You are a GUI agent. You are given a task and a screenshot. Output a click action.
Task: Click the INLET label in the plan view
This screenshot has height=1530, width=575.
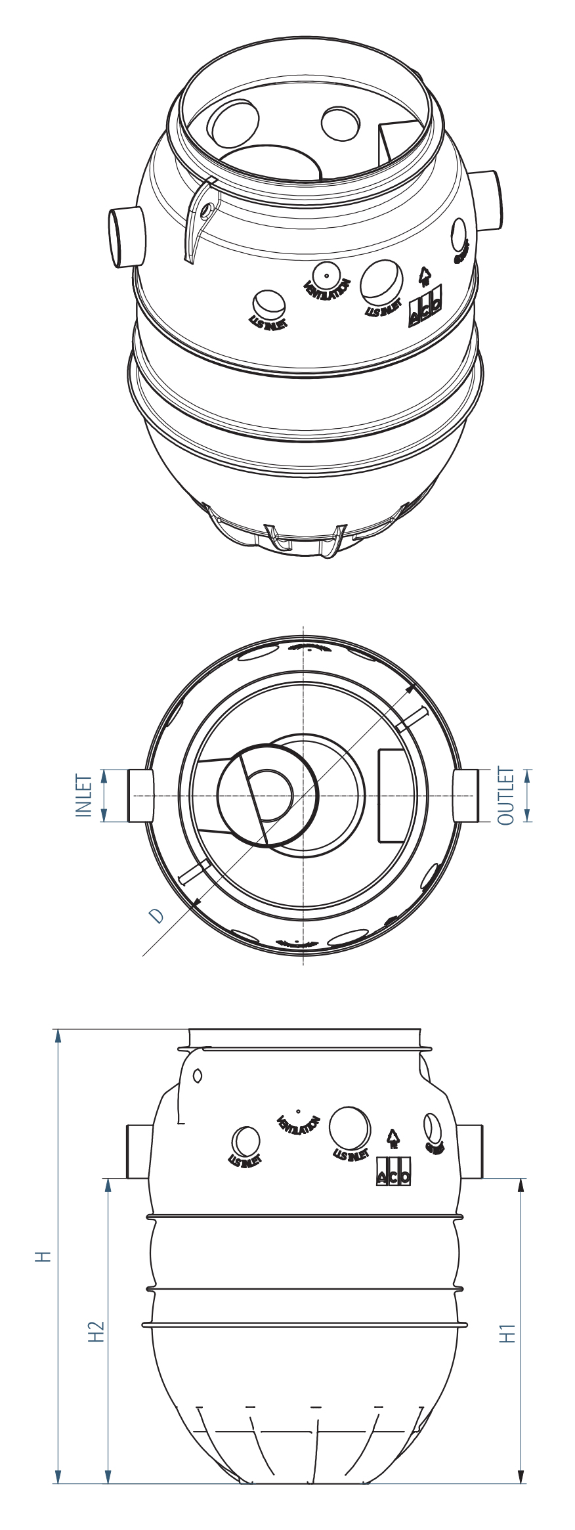tap(84, 795)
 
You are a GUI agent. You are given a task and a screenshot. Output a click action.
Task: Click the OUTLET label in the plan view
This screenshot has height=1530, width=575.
tap(505, 795)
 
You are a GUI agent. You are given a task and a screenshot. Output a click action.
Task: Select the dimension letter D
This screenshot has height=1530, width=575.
tap(156, 915)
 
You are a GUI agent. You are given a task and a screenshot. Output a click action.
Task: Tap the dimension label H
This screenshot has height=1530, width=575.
tap(43, 1256)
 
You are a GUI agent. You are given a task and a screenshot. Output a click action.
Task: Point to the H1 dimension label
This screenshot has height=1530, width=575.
tap(507, 1333)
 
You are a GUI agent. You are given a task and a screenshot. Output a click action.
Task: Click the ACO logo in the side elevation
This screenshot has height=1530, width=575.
tap(393, 1171)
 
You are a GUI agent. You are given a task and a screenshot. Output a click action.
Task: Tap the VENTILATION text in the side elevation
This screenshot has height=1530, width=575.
tap(298, 1126)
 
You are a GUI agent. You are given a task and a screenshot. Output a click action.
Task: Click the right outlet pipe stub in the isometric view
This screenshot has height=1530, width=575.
tap(487, 200)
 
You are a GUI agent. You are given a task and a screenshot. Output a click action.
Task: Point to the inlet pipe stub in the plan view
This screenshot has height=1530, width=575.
tap(140, 795)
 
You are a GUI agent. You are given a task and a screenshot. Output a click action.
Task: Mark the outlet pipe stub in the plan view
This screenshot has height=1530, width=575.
tap(466, 795)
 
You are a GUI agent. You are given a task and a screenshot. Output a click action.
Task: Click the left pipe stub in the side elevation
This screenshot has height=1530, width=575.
tap(138, 1151)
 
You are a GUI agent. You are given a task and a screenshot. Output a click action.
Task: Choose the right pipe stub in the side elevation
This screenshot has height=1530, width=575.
tap(471, 1151)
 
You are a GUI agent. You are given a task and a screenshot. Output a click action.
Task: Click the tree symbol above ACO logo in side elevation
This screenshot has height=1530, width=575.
tap(393, 1139)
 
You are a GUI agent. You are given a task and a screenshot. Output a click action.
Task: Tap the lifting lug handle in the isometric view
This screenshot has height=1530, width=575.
tap(200, 217)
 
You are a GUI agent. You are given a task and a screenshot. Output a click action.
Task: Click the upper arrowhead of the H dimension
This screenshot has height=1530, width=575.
tap(58, 1036)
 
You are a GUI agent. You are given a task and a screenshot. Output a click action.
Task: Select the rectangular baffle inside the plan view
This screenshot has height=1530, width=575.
tap(394, 795)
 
